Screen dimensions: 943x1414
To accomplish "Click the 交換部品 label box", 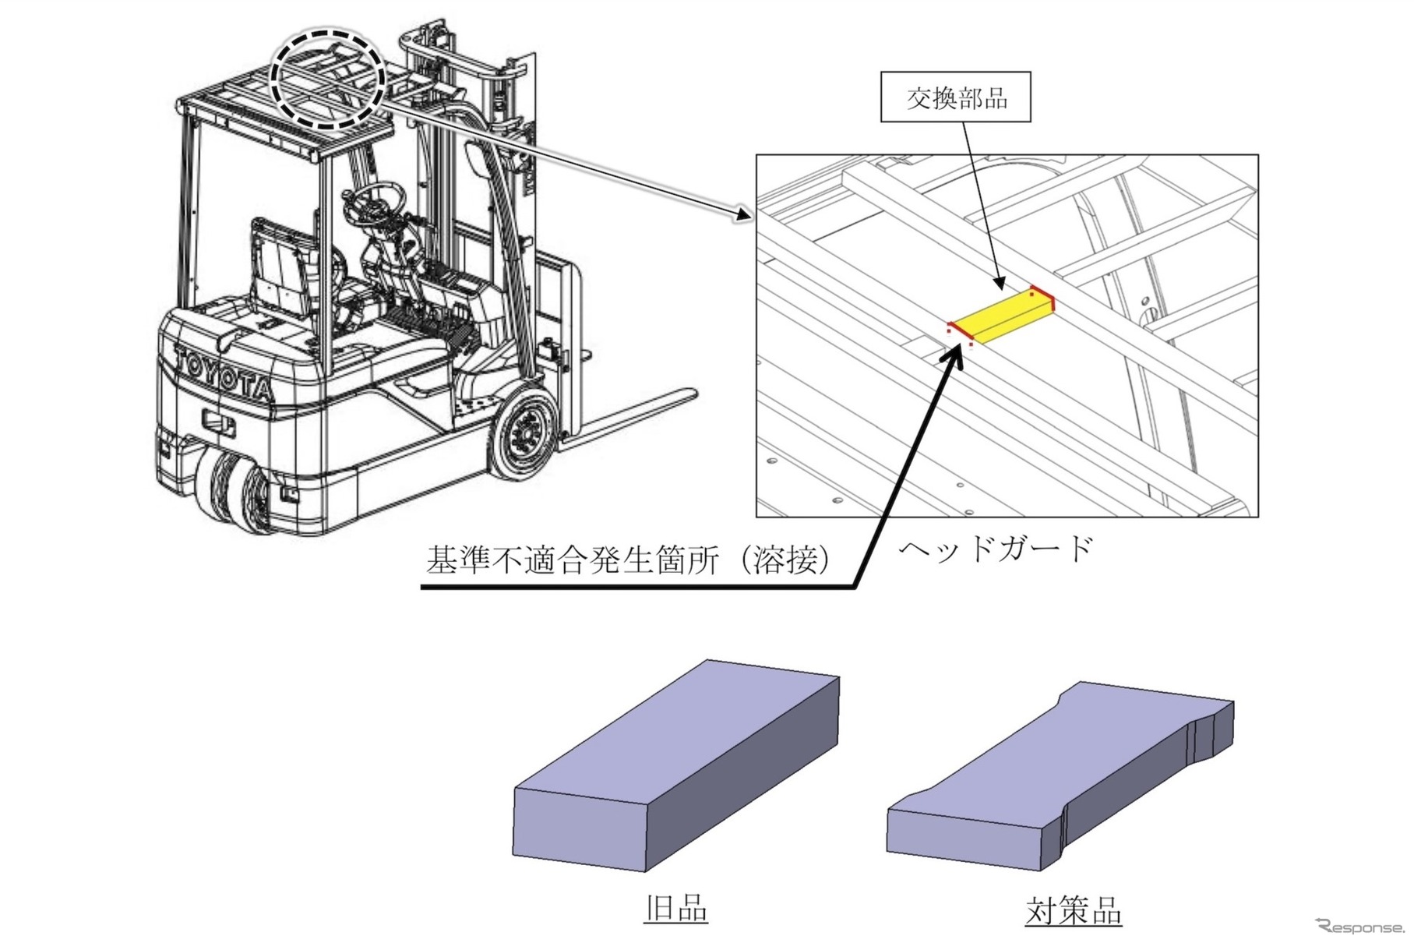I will (x=955, y=97).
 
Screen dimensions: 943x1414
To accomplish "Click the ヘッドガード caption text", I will (x=996, y=549).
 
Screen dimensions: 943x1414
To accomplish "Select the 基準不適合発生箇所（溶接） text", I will (x=628, y=560).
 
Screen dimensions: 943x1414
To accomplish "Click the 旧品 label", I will (x=675, y=909).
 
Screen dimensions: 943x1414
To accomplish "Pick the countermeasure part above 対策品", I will (x=1060, y=775).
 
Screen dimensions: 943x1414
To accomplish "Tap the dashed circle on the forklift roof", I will (x=328, y=78).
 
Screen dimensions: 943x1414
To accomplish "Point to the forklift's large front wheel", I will (x=522, y=433).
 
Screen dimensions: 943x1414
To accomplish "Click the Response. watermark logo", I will (x=1359, y=927).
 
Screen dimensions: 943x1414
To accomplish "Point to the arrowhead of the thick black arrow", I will (x=953, y=355).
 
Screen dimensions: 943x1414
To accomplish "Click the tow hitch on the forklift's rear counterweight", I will (x=219, y=422).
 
